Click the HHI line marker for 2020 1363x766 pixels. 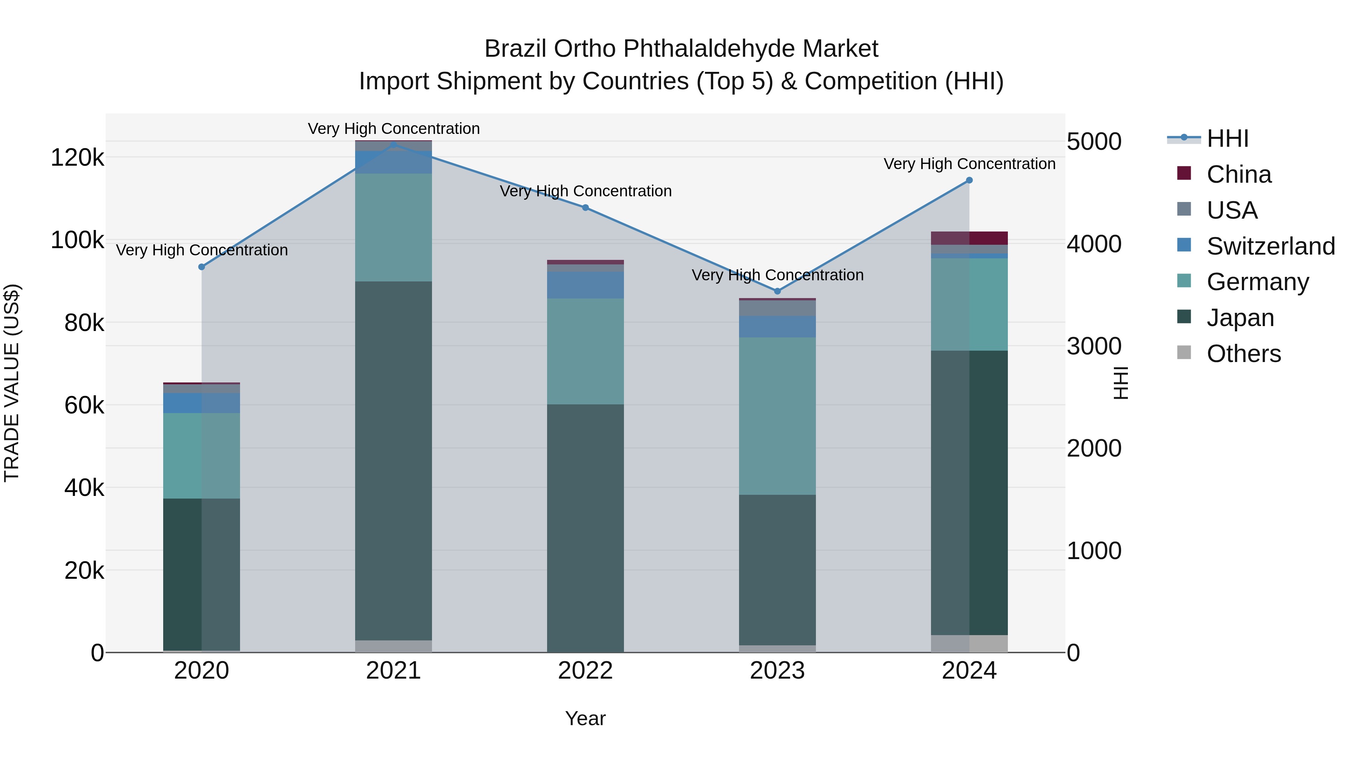coord(201,267)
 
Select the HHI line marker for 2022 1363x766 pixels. coord(585,208)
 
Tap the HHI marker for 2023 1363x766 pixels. coord(777,291)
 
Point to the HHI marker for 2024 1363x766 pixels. coord(969,180)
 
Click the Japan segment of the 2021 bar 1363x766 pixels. coord(393,460)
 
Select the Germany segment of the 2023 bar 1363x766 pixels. coord(777,416)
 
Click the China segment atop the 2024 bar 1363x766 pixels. coord(969,238)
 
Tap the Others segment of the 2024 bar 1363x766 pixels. coord(969,643)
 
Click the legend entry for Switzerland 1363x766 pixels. coord(1270,246)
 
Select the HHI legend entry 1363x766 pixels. coord(1227,138)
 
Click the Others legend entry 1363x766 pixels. coord(1243,354)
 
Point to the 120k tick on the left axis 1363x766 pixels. coord(77,157)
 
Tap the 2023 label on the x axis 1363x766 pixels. coord(777,671)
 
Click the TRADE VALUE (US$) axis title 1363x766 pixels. coord(12,383)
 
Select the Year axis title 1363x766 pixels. coord(585,718)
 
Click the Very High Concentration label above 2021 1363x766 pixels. coord(394,129)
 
